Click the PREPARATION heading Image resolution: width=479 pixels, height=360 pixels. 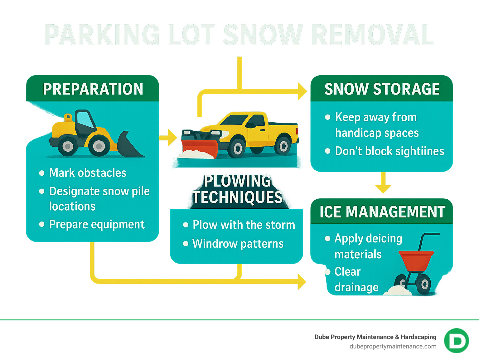click(x=93, y=89)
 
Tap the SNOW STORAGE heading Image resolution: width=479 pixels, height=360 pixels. click(x=382, y=89)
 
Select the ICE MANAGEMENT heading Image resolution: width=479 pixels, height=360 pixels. click(x=382, y=212)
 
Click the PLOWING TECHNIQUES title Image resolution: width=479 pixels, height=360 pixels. click(x=237, y=189)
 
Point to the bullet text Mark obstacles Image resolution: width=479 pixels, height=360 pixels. click(x=88, y=173)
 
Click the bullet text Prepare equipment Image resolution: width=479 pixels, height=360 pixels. click(x=97, y=225)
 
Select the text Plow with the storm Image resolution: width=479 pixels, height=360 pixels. click(x=244, y=225)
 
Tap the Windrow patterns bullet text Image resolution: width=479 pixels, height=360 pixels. click(x=238, y=244)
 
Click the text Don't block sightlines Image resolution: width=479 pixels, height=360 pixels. click(x=389, y=151)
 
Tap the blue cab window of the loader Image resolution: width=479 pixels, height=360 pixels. click(x=85, y=120)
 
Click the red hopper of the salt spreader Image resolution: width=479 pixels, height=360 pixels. click(x=416, y=259)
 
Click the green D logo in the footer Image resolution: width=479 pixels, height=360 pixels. click(x=456, y=341)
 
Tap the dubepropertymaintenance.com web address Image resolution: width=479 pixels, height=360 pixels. click(x=393, y=347)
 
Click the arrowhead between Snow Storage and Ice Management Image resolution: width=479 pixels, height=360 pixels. click(x=383, y=188)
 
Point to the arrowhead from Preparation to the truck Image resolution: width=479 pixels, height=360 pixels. click(x=171, y=138)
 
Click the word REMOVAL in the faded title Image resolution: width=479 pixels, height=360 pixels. click(x=372, y=35)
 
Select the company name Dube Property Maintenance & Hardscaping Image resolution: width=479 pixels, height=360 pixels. click(x=375, y=337)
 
